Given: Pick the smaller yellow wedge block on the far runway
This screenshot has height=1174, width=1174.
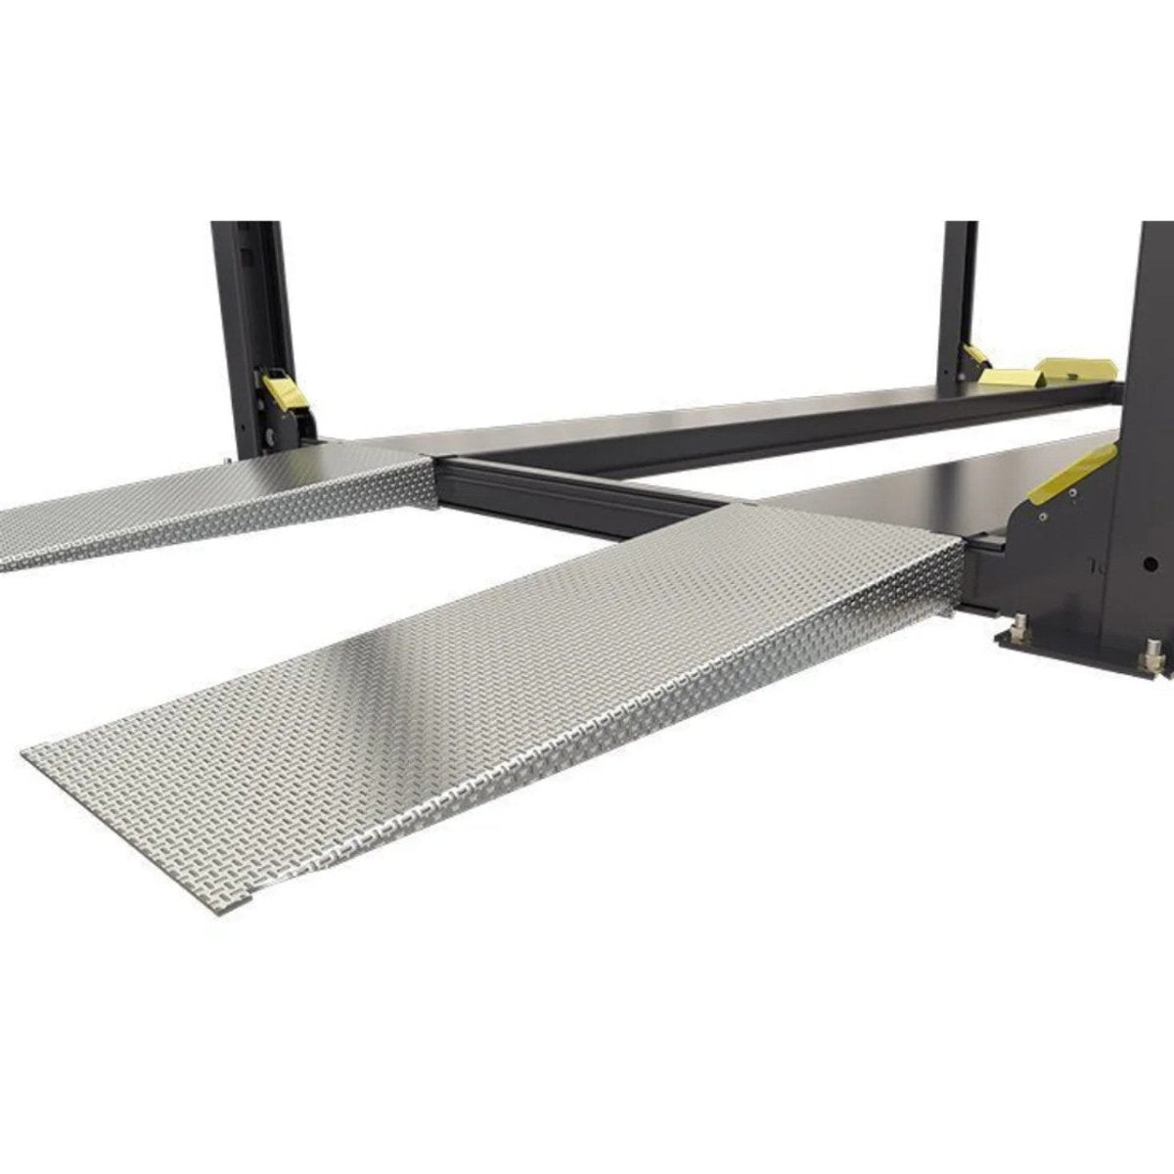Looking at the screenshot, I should pos(1013,377).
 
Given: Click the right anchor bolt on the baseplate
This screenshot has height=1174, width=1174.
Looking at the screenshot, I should pos(1154,650).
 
